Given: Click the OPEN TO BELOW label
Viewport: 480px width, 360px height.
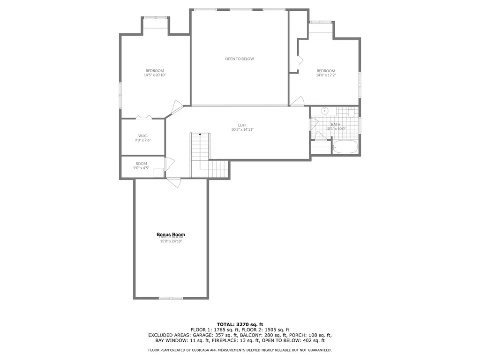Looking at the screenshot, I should tap(240, 59).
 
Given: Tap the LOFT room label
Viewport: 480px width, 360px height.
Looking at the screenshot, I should tap(242, 125).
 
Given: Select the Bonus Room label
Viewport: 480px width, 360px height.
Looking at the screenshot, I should tap(171, 234).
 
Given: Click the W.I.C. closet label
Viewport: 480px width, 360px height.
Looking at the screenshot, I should tap(143, 135).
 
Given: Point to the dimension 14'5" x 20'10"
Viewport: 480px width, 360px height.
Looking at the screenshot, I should tap(155, 75).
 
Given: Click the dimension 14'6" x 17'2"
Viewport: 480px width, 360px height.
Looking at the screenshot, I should tap(326, 75).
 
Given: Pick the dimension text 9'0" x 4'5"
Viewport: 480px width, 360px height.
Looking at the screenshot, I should tap(141, 168).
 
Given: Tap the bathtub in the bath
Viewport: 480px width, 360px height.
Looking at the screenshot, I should tap(345, 147).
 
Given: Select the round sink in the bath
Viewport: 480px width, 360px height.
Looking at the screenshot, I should tap(324, 112).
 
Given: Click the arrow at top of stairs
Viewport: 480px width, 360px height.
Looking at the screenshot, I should tap(200, 135).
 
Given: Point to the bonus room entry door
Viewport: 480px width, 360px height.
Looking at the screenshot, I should tap(172, 182).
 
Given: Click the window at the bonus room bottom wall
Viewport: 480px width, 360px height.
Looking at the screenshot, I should tap(171, 298).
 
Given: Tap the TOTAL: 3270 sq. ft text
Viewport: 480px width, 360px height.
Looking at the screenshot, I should tap(240, 324).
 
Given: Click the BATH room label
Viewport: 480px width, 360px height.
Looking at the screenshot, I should tap(336, 124).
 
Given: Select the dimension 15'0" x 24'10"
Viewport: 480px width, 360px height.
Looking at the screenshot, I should tap(171, 241).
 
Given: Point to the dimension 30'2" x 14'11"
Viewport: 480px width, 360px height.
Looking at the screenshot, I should tap(242, 130).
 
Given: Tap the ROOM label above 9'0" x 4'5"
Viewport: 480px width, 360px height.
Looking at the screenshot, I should tap(141, 164).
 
